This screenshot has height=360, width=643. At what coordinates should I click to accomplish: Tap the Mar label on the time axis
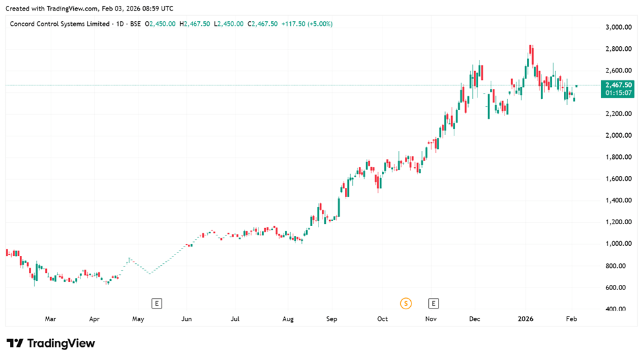[50, 319]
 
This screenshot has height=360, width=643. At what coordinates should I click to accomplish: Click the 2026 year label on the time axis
[526, 319]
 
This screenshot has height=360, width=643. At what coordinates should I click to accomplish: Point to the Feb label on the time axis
[571, 319]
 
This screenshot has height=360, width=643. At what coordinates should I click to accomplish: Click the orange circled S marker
[406, 303]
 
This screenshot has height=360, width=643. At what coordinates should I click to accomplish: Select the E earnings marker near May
[156, 303]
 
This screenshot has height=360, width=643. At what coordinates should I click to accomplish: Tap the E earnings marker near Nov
[433, 303]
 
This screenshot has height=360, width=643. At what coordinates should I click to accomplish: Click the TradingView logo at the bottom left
[51, 343]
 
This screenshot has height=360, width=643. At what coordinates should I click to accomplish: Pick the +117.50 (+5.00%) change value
[307, 24]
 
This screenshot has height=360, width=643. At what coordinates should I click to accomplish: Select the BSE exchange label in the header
[135, 24]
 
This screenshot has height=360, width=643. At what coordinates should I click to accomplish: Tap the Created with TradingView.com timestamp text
[88, 8]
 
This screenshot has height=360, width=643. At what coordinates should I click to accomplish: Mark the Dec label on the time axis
[475, 319]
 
